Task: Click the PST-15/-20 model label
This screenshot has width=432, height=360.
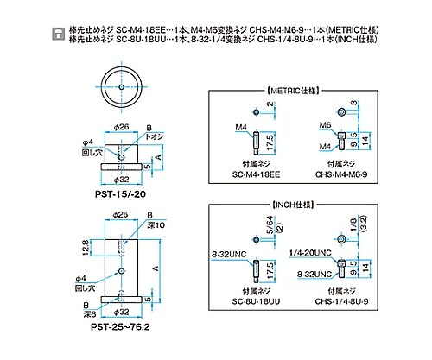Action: (120, 194)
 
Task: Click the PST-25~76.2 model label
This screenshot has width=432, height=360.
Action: (120, 327)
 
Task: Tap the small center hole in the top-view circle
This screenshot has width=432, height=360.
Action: (121, 87)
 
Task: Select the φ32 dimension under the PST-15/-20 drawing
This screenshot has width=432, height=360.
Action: (121, 180)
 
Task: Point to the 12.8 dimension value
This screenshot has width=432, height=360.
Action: (86, 248)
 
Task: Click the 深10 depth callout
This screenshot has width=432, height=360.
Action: (156, 225)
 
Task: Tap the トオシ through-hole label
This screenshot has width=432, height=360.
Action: (155, 136)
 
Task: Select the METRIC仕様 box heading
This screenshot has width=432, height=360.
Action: (293, 91)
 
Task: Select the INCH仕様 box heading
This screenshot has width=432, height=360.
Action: (293, 205)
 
